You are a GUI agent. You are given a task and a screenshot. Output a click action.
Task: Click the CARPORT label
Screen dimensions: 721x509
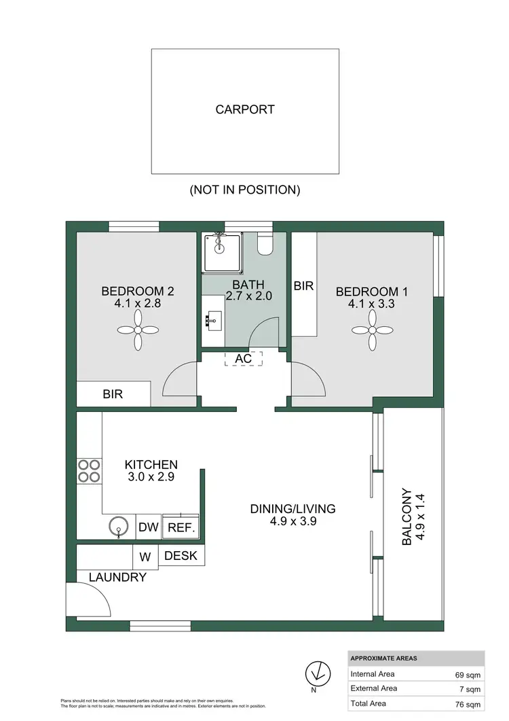point(245,109)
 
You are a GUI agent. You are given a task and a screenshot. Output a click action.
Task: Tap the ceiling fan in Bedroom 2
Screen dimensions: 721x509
point(138,330)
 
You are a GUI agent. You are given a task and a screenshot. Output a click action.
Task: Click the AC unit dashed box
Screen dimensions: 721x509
point(243,358)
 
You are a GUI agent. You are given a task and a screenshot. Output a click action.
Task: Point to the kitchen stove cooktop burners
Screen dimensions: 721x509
point(90,471)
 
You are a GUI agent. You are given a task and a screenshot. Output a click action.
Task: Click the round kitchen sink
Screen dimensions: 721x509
point(119,527)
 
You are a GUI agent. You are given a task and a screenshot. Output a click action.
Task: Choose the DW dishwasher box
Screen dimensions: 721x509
point(149,527)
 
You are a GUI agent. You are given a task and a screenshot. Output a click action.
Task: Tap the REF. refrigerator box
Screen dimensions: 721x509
point(181,527)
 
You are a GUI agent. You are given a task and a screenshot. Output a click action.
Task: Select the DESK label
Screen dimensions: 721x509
point(181,556)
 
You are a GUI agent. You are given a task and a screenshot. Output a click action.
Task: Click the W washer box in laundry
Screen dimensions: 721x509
point(145,557)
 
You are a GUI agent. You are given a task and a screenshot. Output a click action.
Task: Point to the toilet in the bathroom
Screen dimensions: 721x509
point(265,245)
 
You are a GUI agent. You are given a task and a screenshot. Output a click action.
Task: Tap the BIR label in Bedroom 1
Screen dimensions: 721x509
point(303,286)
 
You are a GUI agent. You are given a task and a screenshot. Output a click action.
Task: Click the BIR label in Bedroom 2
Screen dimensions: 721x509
point(113,393)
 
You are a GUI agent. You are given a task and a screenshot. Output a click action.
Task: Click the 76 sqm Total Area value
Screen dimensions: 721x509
point(468,703)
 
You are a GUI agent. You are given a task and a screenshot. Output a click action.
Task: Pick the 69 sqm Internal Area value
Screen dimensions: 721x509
point(468,675)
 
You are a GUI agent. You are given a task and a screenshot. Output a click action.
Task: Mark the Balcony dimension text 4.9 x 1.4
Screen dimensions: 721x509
point(420,517)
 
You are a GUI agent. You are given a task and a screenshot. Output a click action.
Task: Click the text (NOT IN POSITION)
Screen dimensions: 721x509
point(245,190)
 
